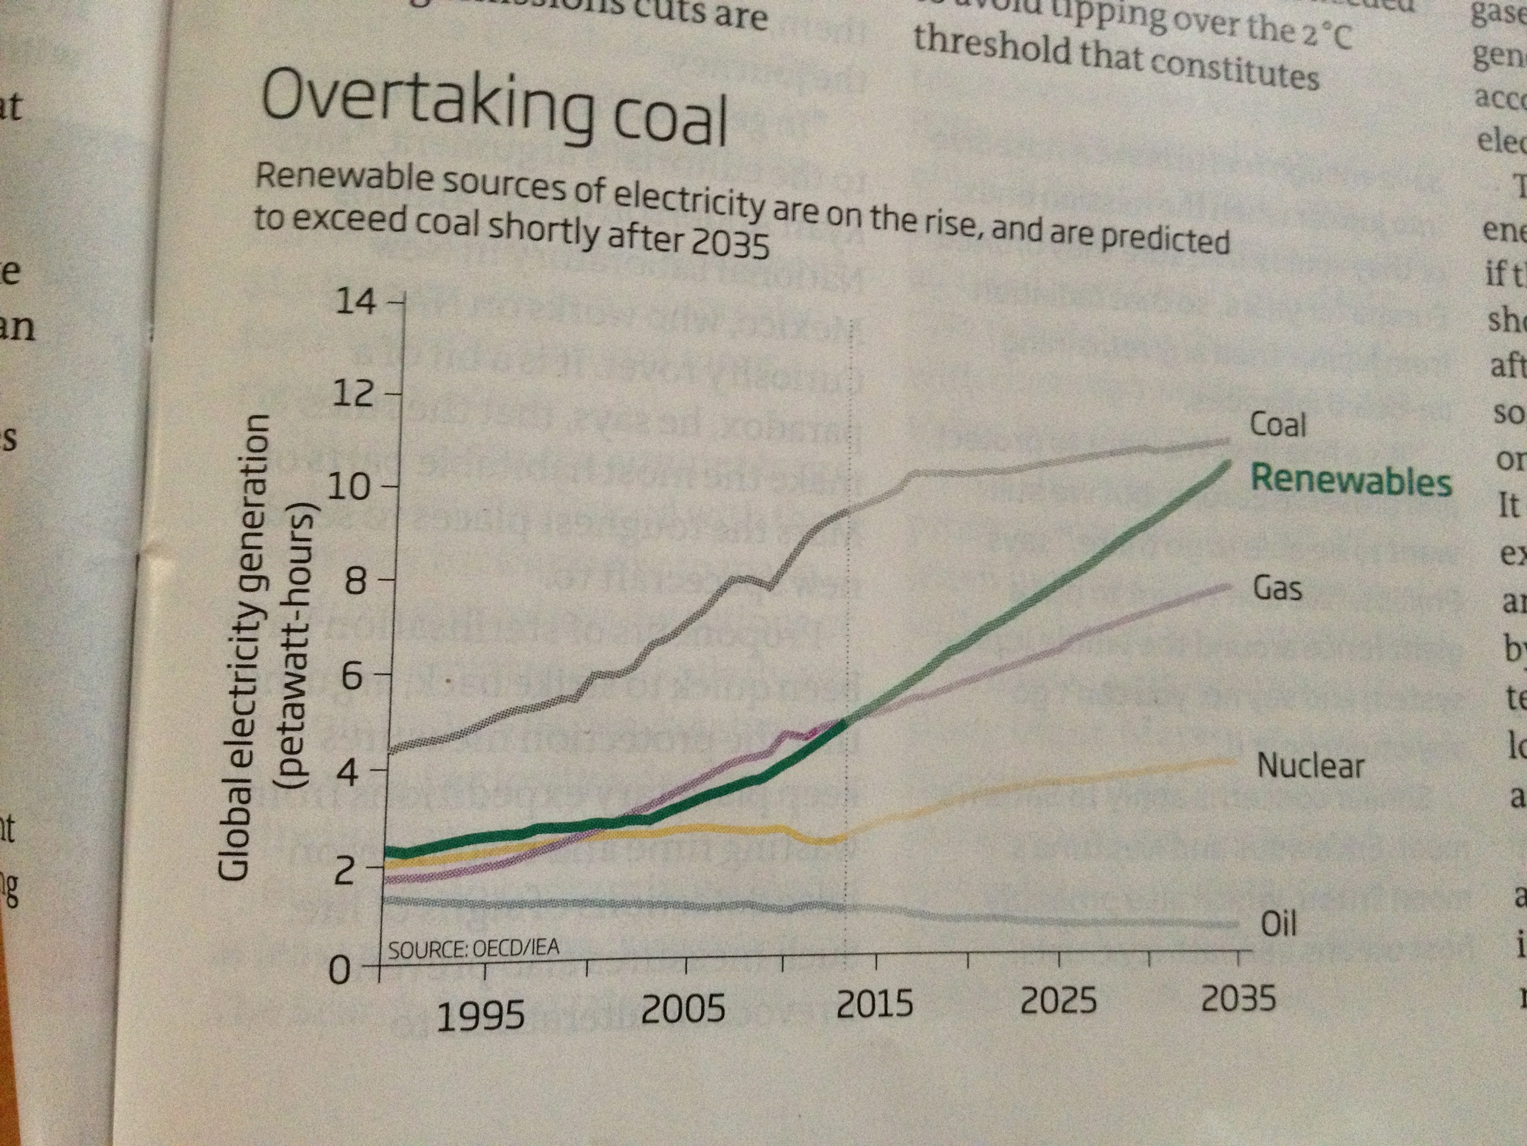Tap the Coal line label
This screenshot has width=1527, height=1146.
1278,424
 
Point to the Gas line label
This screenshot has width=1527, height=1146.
1277,588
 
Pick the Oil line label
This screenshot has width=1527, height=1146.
1279,924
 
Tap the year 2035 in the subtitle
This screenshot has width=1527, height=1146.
730,244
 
